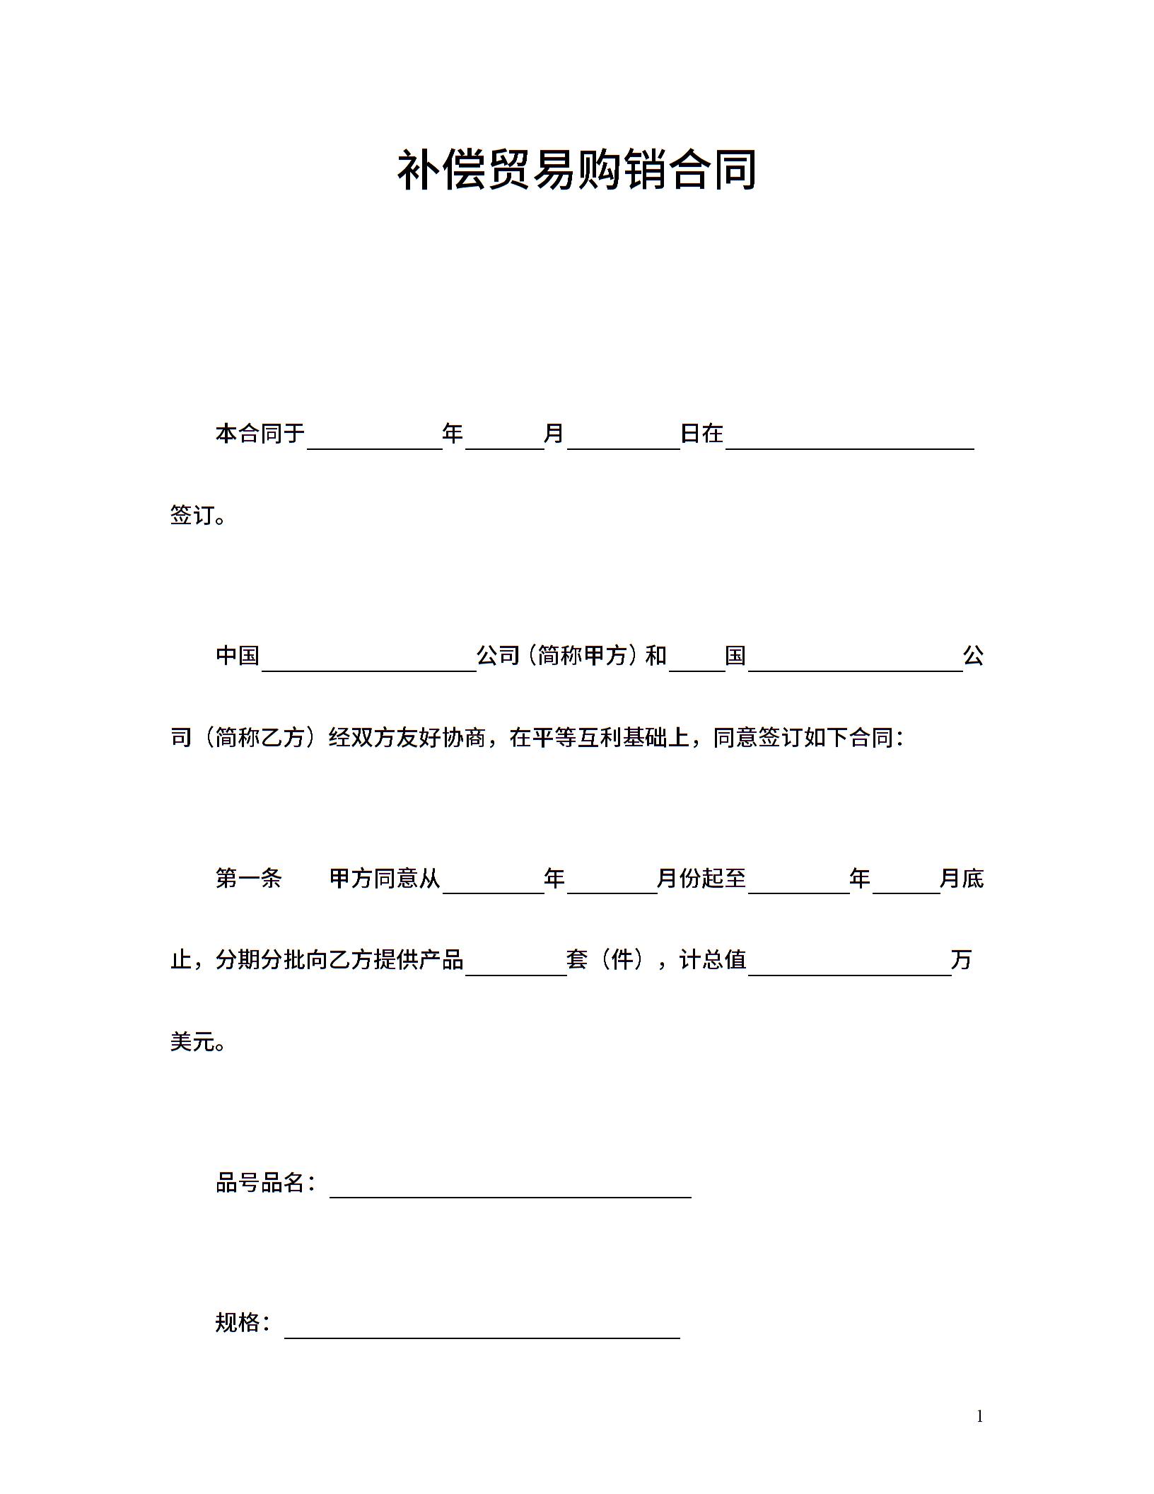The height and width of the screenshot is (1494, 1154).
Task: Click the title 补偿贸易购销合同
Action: pos(576,170)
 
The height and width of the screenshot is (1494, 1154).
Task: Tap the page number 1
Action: pos(979,1416)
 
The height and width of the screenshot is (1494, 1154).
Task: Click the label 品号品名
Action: pos(260,1182)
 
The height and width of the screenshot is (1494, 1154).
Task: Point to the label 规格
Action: pos(237,1323)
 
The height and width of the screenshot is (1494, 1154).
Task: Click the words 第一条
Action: pos(248,879)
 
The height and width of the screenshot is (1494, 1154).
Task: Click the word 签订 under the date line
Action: pos(192,515)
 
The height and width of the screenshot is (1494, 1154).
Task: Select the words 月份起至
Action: pos(701,879)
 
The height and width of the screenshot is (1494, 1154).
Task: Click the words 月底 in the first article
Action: pos(961,879)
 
